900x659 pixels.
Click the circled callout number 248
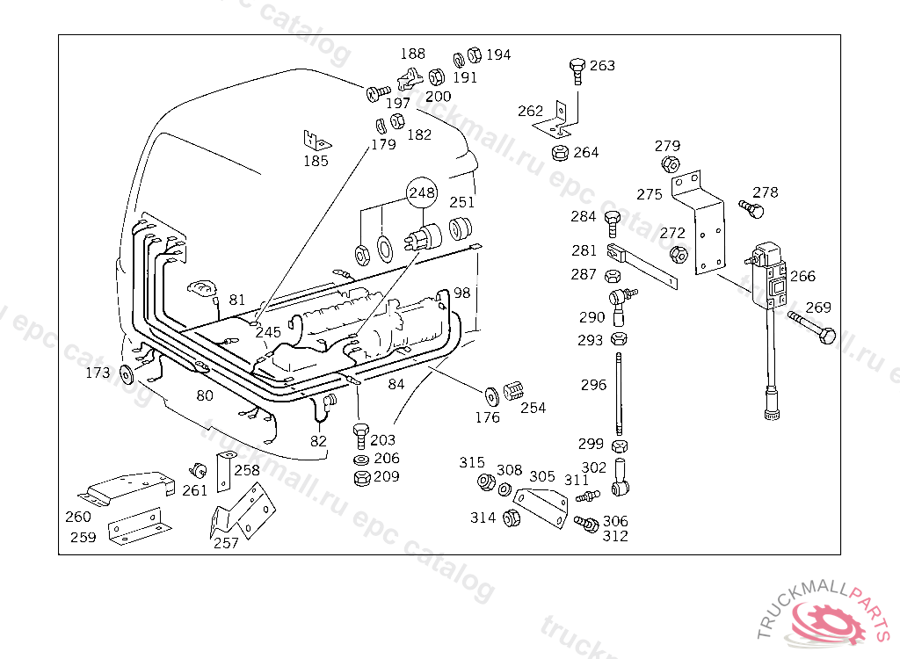(x=422, y=193)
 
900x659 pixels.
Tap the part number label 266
(x=802, y=276)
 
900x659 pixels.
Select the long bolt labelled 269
(x=812, y=327)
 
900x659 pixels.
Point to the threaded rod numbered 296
(x=619, y=395)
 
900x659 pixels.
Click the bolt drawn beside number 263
(x=577, y=70)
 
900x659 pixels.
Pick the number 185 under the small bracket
(x=316, y=161)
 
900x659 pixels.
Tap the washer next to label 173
(x=127, y=374)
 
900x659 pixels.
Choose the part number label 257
(x=226, y=543)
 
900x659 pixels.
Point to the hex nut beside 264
(x=560, y=153)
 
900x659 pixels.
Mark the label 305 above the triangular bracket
(x=541, y=476)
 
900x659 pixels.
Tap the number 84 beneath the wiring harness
(x=396, y=384)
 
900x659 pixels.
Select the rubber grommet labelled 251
(x=460, y=228)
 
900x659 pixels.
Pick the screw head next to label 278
(x=751, y=209)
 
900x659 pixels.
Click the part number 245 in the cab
(x=268, y=332)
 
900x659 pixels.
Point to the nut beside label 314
(x=511, y=518)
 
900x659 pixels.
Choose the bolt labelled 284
(x=612, y=223)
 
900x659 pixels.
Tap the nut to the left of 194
(x=474, y=54)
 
